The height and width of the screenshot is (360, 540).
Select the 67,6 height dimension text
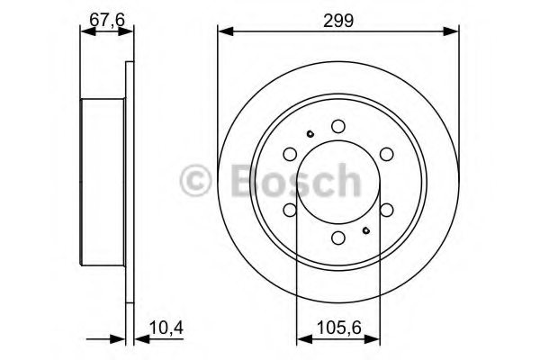[x=106, y=17]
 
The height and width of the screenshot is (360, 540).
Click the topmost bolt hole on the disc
[x=337, y=127]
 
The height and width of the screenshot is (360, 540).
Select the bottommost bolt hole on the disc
[x=337, y=238]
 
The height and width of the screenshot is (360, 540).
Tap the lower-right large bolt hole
[x=385, y=210]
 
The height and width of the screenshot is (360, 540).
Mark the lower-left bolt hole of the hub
[x=290, y=210]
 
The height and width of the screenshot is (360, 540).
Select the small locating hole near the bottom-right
[x=366, y=231]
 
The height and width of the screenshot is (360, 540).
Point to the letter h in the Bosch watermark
[x=343, y=181]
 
